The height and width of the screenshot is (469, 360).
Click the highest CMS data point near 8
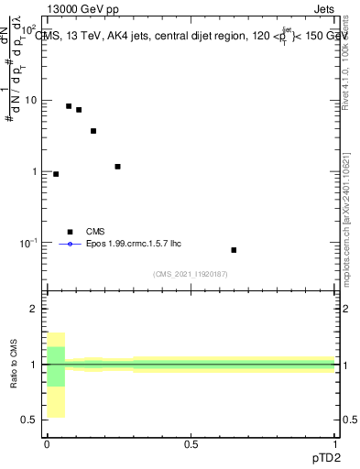coord(69,106)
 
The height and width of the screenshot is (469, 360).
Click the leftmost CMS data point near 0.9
coord(56,174)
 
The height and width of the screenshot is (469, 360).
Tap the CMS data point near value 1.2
coord(117,167)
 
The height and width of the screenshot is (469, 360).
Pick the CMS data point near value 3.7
coord(93,131)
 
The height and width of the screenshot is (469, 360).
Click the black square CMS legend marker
coord(69,232)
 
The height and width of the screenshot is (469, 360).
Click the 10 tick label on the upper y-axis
coord(29,100)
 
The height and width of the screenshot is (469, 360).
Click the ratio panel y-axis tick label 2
coord(33,309)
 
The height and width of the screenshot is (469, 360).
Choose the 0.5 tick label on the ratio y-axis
coord(29,420)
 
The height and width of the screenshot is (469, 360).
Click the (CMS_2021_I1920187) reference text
coord(191,274)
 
